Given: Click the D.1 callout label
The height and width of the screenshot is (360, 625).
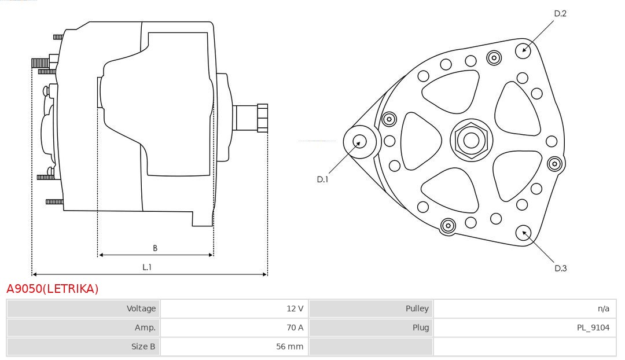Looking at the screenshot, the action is (x=322, y=179).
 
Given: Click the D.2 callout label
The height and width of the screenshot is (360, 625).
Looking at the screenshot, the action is (x=560, y=13).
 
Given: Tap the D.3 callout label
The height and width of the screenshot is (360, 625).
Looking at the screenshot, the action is (x=560, y=269).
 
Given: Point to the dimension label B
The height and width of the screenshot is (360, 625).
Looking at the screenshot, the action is (x=155, y=248).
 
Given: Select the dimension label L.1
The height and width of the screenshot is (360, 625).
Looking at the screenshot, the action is (x=147, y=267).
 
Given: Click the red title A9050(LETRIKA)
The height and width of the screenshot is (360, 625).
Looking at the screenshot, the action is (x=52, y=289).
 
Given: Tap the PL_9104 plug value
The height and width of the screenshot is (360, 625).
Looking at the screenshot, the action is (x=593, y=328).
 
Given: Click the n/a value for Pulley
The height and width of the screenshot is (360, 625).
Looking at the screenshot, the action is (x=604, y=308).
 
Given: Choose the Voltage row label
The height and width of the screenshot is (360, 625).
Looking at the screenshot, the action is (x=141, y=308).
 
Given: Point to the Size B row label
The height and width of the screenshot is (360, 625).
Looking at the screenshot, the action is (x=143, y=347).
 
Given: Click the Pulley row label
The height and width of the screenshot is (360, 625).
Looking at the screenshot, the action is (x=417, y=308).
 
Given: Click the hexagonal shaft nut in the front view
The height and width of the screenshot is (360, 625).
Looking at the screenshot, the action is (x=471, y=140).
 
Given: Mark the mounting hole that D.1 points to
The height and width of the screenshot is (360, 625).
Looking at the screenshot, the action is (x=359, y=142).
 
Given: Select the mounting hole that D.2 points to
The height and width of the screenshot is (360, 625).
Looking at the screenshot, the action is (x=523, y=50).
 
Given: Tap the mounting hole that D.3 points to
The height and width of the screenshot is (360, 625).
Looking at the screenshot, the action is (x=523, y=233).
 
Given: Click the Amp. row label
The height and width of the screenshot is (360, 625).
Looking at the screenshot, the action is (x=145, y=328).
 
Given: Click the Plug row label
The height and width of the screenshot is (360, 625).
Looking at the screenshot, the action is (x=421, y=328).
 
